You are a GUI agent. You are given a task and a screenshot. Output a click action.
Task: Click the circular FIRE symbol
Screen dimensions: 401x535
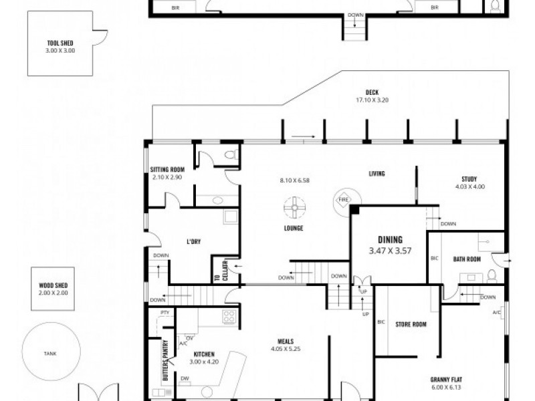344,200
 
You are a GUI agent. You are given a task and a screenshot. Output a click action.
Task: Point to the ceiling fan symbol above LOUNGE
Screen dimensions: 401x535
293,208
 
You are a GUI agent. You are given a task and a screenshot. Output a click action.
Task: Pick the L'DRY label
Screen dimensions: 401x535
193,242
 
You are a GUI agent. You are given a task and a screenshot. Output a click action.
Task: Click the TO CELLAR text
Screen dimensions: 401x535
217,270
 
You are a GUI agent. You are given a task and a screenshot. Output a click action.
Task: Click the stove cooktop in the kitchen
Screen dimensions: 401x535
229,317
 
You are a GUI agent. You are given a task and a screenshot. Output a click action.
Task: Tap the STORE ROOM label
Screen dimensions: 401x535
411,325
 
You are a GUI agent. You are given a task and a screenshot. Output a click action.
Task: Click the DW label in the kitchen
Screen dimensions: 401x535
185,378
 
